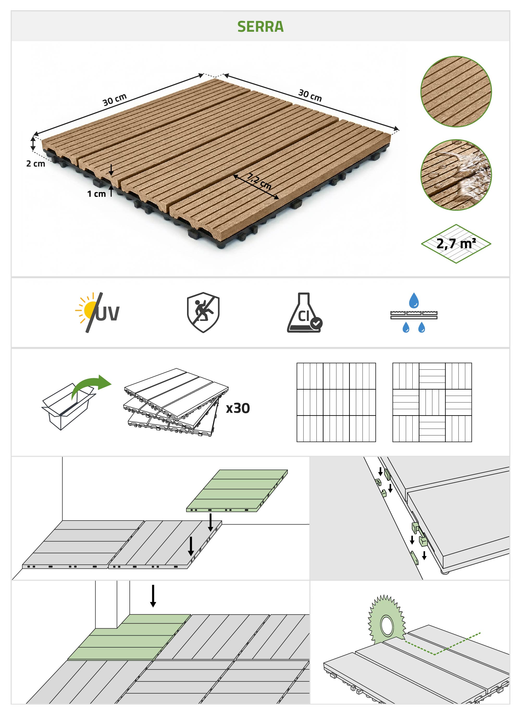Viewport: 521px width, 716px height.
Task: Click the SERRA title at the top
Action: (260, 27)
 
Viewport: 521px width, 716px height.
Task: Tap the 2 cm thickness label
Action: (35, 163)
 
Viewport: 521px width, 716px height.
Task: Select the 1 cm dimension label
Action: (96, 194)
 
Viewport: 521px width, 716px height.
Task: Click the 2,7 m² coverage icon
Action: (456, 243)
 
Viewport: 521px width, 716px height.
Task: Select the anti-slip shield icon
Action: (203, 312)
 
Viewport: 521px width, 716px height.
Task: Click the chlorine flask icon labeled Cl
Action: (305, 312)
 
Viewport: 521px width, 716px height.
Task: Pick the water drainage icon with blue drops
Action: (414, 312)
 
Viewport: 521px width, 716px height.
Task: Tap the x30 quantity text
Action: (238, 408)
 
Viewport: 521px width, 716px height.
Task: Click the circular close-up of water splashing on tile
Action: (456, 175)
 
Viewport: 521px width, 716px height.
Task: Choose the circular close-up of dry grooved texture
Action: (456, 92)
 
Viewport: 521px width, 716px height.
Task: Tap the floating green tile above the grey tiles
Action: (237, 491)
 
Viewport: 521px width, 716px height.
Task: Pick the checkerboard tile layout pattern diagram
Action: (432, 402)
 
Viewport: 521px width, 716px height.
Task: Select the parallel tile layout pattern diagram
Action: (336, 402)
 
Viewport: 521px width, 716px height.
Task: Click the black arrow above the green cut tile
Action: (153, 596)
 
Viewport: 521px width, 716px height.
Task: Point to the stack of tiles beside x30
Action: (176, 402)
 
